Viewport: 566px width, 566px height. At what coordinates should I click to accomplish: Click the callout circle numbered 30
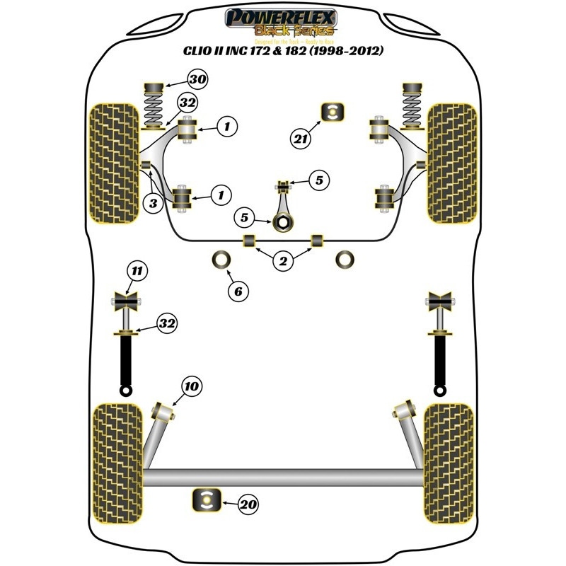tap(197, 80)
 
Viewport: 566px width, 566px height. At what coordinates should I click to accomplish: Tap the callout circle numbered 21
tap(301, 139)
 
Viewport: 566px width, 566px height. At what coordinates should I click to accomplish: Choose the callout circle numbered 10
tap(192, 386)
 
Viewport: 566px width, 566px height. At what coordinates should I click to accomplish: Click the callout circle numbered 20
tap(248, 504)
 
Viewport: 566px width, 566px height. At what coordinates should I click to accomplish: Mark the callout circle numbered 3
tap(154, 204)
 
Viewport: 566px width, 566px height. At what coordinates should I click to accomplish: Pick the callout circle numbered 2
tap(283, 262)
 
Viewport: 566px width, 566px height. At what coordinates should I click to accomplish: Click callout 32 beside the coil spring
tap(186, 103)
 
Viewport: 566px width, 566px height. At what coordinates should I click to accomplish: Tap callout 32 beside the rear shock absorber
tap(166, 324)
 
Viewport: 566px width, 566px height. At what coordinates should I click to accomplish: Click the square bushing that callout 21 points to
tap(333, 111)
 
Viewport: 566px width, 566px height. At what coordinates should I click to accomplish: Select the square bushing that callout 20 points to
tap(207, 500)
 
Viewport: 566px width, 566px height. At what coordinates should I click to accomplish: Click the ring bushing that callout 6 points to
tap(221, 260)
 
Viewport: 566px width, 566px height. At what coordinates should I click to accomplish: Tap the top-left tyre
tap(112, 163)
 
